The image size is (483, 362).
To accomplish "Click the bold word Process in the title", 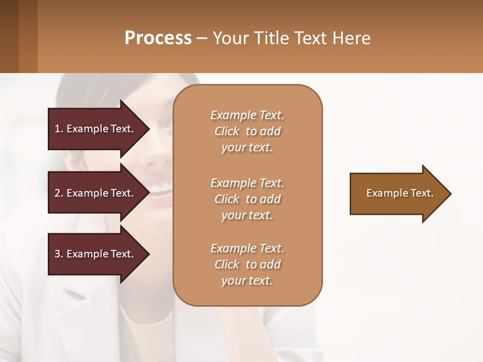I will pos(158,38).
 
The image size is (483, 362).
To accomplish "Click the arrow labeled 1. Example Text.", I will pos(96,129).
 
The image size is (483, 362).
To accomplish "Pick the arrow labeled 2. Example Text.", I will pos(96,193).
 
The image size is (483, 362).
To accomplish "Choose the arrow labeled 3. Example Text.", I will pos(96,254).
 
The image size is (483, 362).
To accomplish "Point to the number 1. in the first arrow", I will pos(59,129).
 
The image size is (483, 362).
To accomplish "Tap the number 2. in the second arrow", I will pos(59,193).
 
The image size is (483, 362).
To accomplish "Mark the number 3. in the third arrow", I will pos(59,254).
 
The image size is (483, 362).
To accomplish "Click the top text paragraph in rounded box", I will pos(248,131).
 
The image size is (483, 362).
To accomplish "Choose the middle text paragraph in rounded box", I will pos(248,199).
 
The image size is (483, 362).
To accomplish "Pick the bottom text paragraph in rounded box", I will pos(248,264).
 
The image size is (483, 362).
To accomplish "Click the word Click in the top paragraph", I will pos(227,131).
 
